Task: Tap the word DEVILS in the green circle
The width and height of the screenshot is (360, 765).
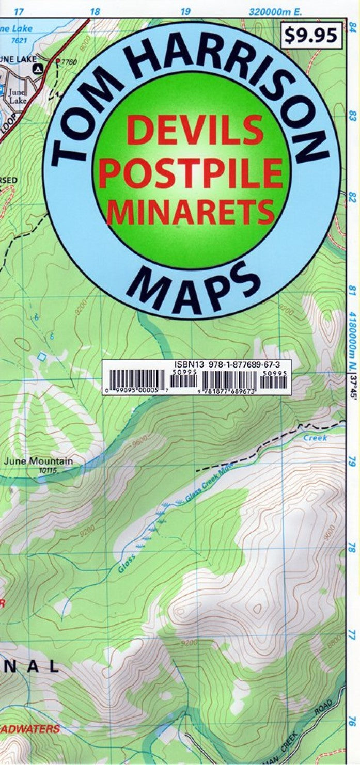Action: pos(194,130)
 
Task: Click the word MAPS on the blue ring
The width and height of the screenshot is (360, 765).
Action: pos(194,287)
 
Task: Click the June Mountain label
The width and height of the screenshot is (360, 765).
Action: pos(38,461)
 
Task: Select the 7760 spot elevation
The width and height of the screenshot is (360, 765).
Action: pos(69,62)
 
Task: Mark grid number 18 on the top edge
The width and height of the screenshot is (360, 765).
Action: pos(95,11)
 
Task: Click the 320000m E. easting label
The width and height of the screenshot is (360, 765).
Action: pos(275,11)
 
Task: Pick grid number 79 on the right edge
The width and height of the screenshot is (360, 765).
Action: pos(353,460)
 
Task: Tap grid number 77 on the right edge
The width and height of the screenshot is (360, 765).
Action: pos(353,633)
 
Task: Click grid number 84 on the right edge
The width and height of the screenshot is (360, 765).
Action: pos(353,30)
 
